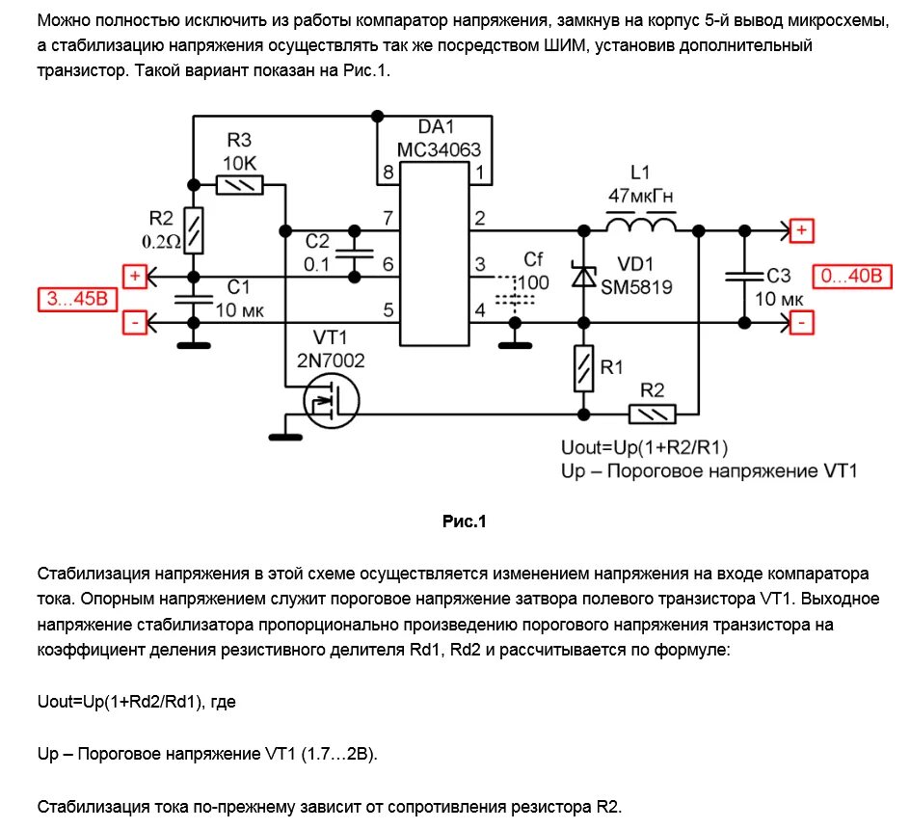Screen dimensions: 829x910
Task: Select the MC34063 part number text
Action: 438,150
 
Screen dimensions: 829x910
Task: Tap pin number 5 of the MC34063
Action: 388,310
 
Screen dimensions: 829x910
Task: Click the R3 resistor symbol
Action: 240,184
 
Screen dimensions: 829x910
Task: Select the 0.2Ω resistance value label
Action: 161,242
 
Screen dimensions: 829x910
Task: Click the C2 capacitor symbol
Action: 355,254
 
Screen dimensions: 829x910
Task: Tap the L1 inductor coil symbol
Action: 640,226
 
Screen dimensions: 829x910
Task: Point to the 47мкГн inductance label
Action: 640,197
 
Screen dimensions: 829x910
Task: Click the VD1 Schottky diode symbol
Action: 583,275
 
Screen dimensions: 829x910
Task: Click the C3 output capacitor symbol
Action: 743,276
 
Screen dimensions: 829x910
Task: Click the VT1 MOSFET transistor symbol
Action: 331,401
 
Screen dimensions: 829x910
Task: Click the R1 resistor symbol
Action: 583,369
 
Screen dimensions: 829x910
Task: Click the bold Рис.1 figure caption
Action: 465,522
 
